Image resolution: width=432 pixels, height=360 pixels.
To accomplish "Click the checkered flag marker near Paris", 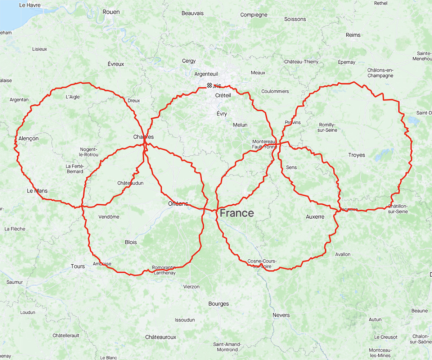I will click(209, 85).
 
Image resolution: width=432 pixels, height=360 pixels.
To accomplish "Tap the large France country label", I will click(237, 213).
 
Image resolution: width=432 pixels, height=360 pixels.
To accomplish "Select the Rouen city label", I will click(111, 12).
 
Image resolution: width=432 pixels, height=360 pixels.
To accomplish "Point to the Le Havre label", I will click(30, 5).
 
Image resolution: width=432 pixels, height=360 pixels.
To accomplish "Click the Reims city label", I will click(353, 35).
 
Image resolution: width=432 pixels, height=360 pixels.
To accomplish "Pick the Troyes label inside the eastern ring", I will click(356, 155).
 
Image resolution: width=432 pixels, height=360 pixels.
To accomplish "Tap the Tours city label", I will click(78, 266).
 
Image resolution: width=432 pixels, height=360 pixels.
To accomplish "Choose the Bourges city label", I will click(219, 304).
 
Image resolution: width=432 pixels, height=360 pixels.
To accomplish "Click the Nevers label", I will click(281, 315).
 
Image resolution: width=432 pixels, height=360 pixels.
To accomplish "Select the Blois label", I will click(131, 242).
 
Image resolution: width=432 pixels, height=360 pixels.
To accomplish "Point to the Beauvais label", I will click(192, 13).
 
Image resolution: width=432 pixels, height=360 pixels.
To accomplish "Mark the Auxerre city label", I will click(315, 217).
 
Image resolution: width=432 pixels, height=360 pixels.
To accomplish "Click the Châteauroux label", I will click(161, 337).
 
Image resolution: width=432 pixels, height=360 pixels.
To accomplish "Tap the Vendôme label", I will click(109, 217).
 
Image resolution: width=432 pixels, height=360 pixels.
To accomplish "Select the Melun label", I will click(240, 125).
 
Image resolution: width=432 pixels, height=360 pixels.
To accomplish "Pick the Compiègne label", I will click(254, 15).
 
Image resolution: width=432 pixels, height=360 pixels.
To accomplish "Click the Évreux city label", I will click(116, 64).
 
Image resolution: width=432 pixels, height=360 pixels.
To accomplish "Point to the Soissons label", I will click(295, 19).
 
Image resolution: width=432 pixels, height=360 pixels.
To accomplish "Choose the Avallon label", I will click(342, 254).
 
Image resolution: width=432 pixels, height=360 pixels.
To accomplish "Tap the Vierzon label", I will click(191, 287).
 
